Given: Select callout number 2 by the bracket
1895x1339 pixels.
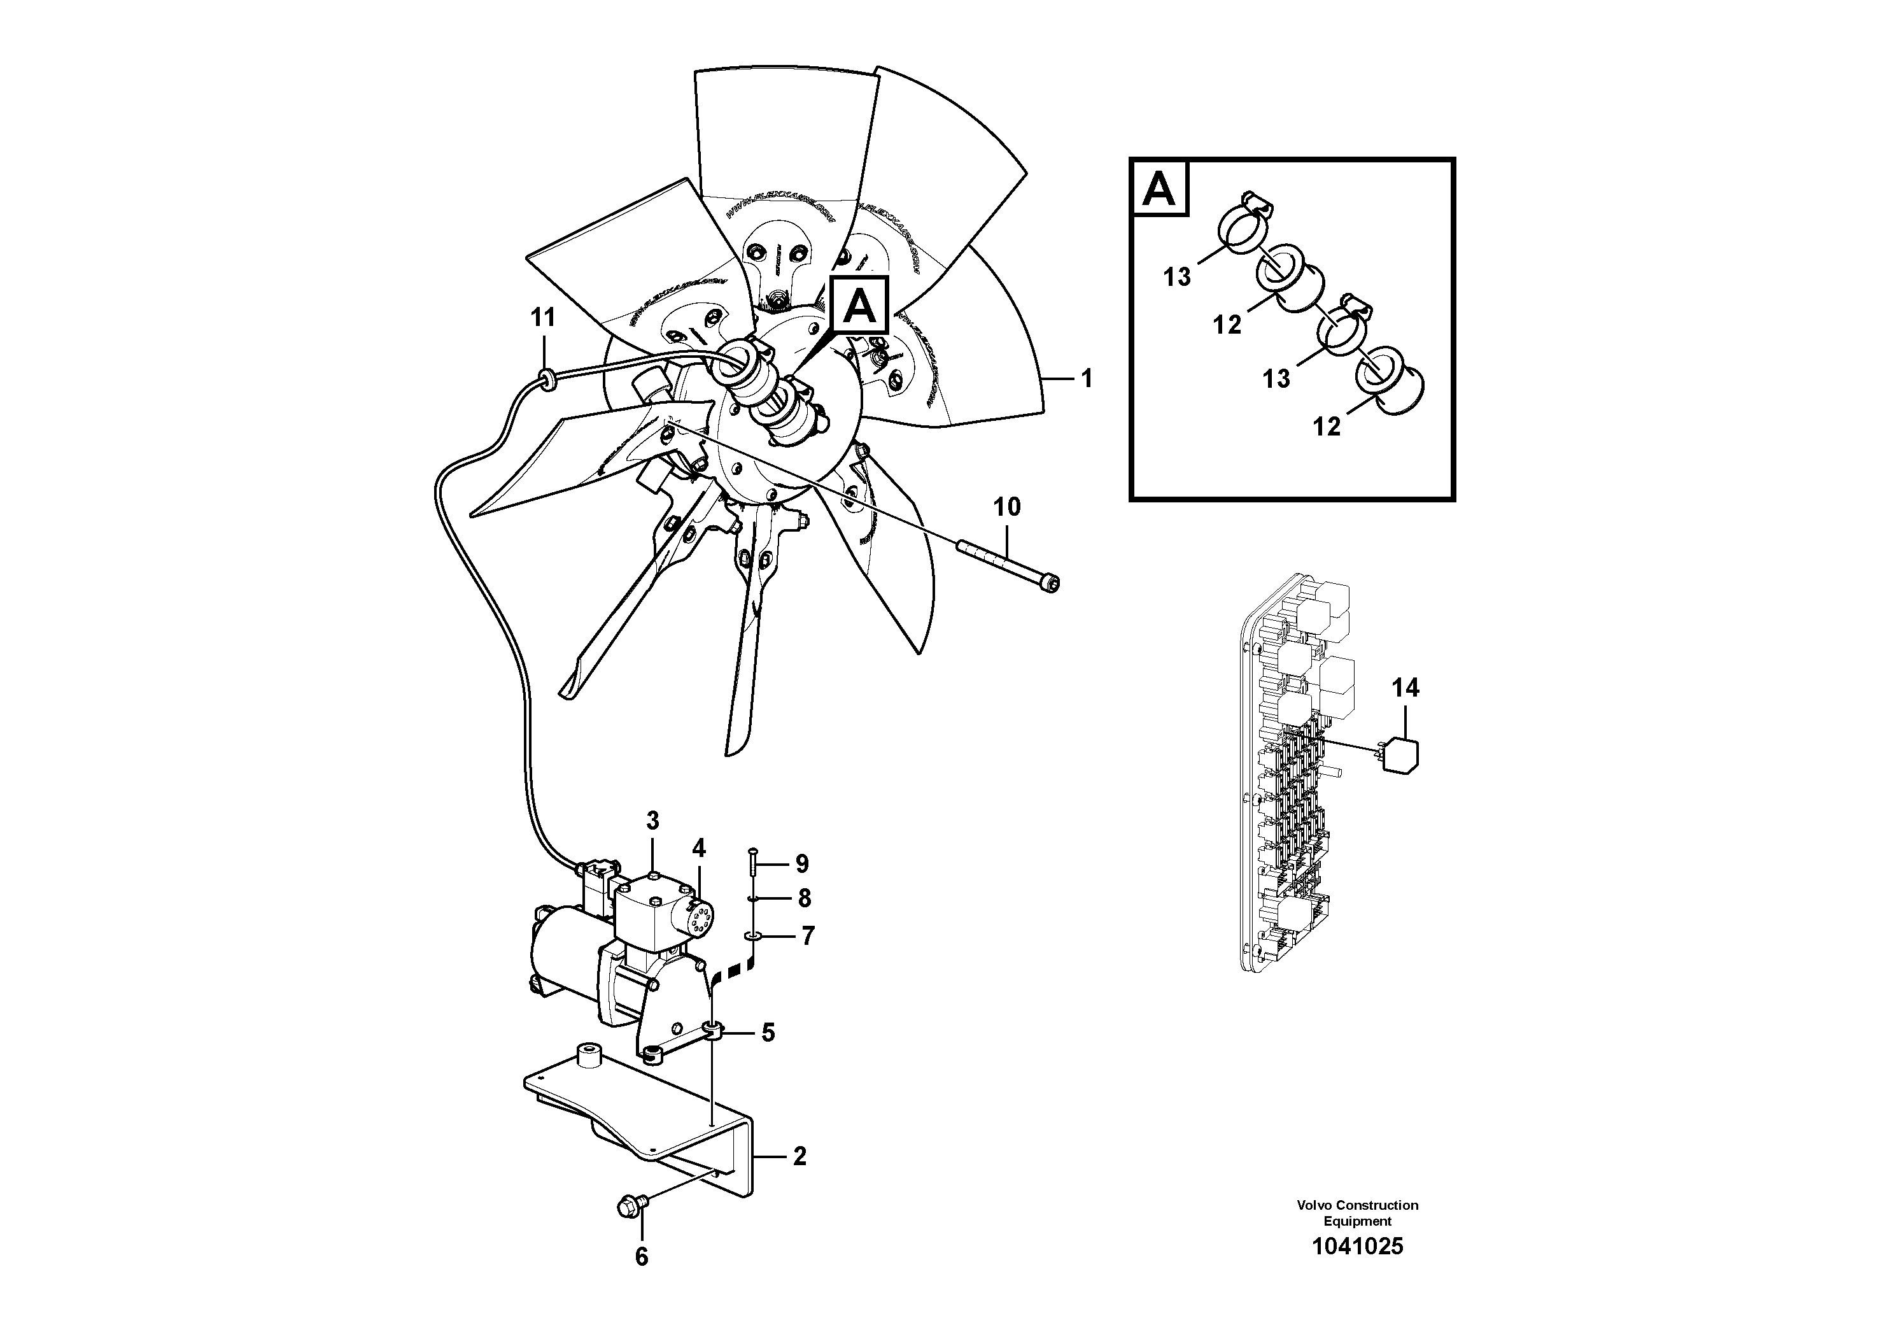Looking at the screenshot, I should pos(799,1156).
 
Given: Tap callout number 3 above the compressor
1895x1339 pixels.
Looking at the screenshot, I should pos(653,821).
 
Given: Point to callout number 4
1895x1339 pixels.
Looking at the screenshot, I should pos(698,848).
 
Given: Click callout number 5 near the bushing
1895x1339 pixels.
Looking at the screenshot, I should pos(768,1033).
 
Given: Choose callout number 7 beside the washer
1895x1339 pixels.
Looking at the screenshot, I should pos(807,935).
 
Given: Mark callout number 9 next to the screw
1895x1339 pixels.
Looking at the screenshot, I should pos(801,864).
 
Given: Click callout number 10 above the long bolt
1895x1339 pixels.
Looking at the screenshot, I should pos(1007,507).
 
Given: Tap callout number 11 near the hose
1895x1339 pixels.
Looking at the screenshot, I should pos(543,317).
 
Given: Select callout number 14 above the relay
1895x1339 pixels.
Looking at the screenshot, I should pos(1405,688).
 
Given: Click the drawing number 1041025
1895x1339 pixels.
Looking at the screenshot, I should pos(1358,1247).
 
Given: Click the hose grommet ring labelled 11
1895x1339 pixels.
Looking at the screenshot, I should pos(545,379).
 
